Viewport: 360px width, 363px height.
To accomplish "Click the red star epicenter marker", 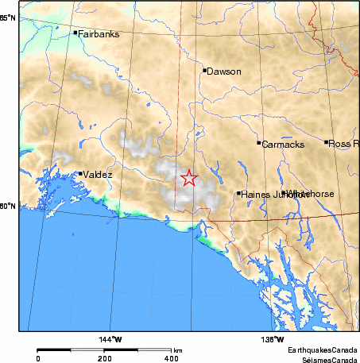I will [x=188, y=178].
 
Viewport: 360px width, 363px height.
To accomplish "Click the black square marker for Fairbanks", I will [x=75, y=33].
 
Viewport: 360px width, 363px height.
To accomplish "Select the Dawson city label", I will [x=223, y=71].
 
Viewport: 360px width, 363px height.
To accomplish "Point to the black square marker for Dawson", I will [x=205, y=70].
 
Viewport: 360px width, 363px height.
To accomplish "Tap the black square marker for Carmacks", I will [x=259, y=143].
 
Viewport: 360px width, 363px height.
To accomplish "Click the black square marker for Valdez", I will [x=80, y=173].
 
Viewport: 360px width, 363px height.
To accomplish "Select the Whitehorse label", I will [x=312, y=194].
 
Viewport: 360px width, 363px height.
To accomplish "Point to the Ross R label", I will [x=343, y=143].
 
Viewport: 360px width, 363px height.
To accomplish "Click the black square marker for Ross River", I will [x=327, y=142].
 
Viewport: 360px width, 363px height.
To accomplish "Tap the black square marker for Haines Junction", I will [x=238, y=193].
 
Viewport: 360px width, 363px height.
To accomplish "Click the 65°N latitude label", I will [x=9, y=17].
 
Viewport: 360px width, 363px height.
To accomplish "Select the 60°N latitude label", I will [x=9, y=207].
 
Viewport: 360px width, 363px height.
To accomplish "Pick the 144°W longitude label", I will [x=110, y=339].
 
